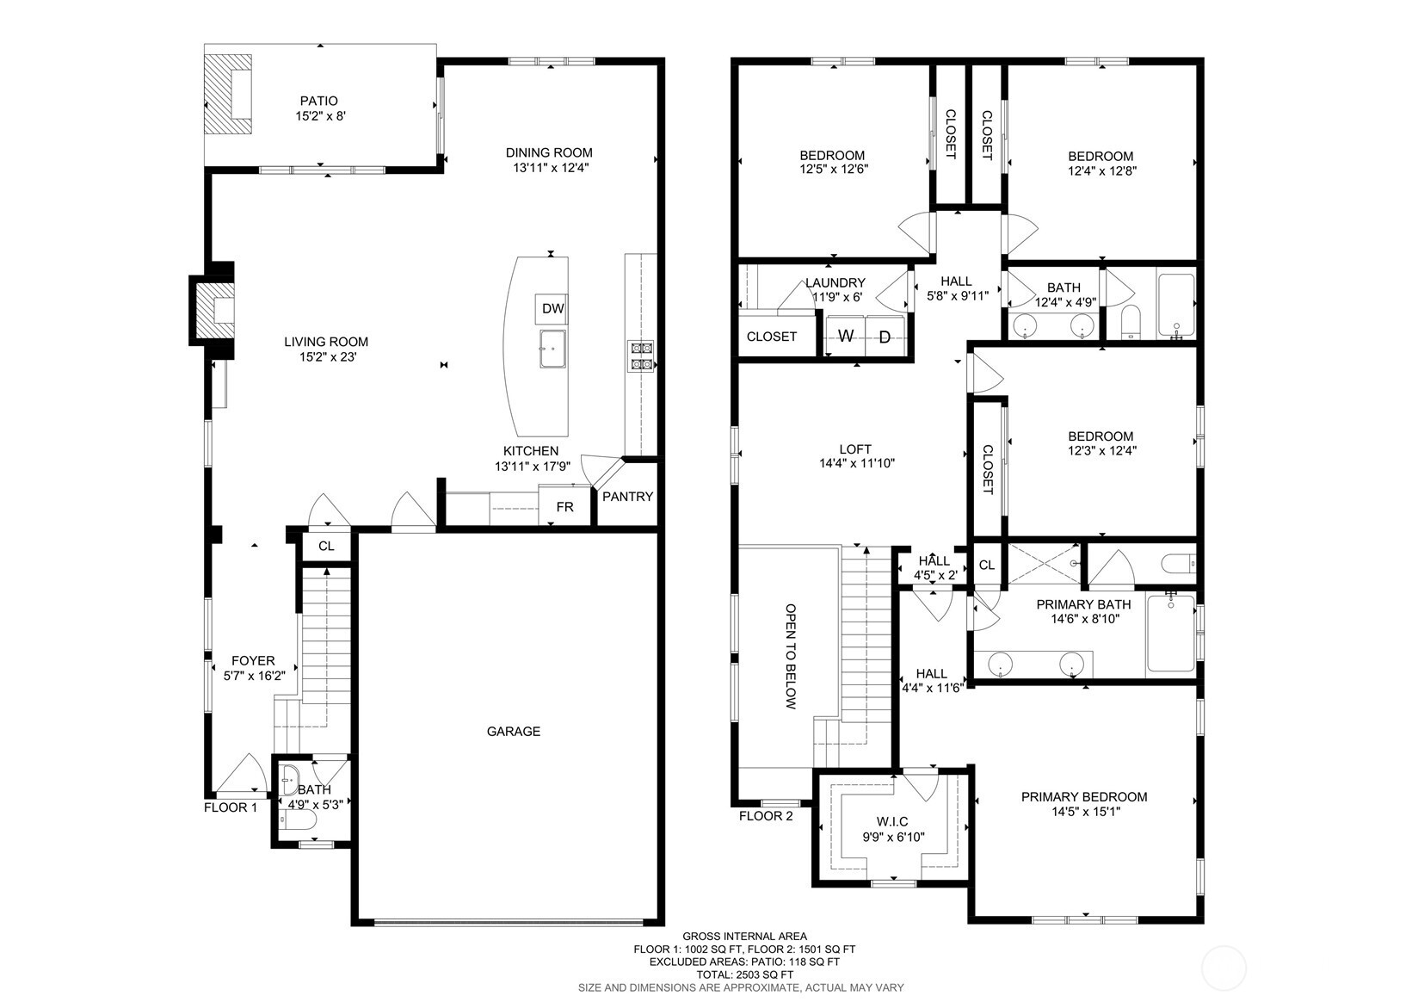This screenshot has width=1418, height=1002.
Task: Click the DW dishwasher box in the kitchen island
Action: coord(552,308)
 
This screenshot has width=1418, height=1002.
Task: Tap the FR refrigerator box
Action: coord(564,507)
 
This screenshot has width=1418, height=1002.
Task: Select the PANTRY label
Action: coord(627,497)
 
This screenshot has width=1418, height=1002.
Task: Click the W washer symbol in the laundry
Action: coord(846,336)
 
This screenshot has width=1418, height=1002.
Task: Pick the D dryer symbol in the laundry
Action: coord(885,337)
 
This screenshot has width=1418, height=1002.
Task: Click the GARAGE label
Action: coord(514,732)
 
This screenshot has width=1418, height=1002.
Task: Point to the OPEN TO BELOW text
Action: coord(791,656)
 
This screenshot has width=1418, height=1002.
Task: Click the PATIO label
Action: coord(318,101)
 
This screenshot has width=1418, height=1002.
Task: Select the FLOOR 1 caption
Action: coord(231,807)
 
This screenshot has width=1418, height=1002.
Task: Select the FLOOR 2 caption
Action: coord(766,816)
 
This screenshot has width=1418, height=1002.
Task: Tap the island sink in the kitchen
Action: coord(552,348)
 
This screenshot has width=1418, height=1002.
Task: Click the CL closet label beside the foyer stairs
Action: coord(326,546)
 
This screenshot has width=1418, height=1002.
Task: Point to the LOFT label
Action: coord(855,448)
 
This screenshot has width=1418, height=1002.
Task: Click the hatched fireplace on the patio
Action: coord(229,93)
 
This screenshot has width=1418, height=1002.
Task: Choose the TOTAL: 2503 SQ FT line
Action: coord(744,974)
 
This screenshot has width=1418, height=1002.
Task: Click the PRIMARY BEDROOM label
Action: coord(1084,796)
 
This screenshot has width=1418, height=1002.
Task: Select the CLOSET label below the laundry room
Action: coord(771,337)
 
